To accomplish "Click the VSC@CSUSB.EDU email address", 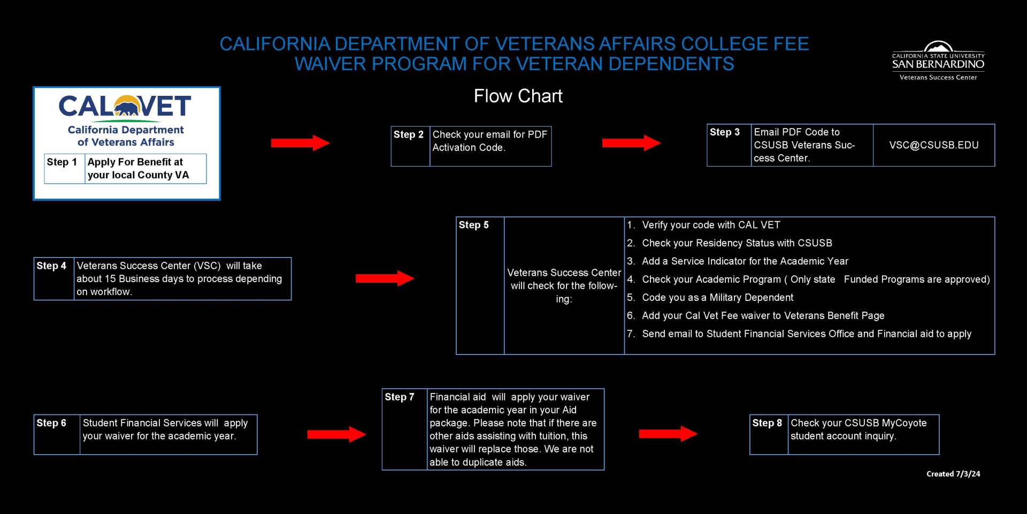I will (933, 145).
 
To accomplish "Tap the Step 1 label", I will (62, 162).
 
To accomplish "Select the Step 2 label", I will (408, 134).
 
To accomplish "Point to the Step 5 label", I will (473, 225).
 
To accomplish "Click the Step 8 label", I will (767, 423).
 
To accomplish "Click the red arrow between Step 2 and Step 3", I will (631, 143).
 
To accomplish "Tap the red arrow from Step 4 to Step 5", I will (385, 278).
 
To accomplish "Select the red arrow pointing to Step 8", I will (668, 434).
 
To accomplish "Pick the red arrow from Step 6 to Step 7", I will (336, 434).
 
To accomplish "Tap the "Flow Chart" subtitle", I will (518, 96).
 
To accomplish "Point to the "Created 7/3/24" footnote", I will (953, 474).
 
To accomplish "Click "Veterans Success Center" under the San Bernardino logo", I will (938, 78).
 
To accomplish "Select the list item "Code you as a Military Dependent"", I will (717, 298).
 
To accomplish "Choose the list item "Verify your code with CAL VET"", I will (711, 225).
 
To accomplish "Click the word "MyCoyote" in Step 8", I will (903, 423).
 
